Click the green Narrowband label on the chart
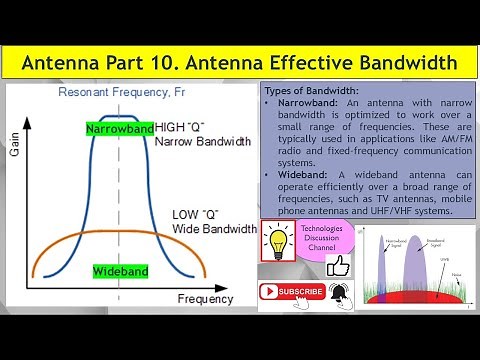click(119, 130)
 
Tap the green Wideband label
click(121, 272)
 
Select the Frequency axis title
click(205, 299)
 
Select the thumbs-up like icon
click(338, 266)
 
